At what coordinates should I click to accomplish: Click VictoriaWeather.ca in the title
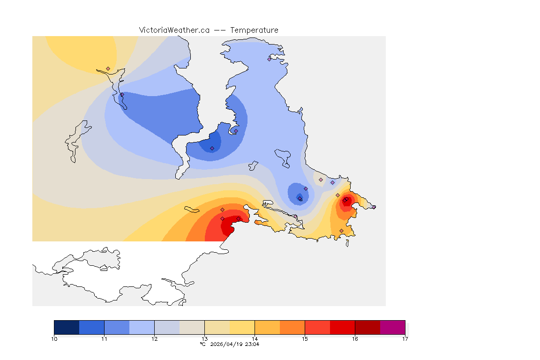click(x=174, y=30)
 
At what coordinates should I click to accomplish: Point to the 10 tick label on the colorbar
click(x=54, y=338)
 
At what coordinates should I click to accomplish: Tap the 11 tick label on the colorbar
click(x=104, y=338)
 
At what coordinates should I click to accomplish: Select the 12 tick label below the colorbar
click(x=154, y=338)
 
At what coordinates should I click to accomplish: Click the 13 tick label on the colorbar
click(x=204, y=338)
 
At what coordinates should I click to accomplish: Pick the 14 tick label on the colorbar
click(x=255, y=338)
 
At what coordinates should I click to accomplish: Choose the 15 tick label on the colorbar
click(x=305, y=338)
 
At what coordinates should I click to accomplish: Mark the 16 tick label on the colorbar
click(x=355, y=338)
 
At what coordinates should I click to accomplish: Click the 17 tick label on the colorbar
click(x=405, y=338)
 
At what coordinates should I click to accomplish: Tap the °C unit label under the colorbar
click(x=202, y=344)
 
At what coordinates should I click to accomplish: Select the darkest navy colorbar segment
click(x=67, y=327)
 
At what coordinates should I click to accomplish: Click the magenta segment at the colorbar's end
click(x=392, y=327)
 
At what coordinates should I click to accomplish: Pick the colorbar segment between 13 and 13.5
click(x=217, y=327)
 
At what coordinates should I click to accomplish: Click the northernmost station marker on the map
click(x=270, y=59)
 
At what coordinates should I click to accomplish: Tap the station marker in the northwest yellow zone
click(x=108, y=68)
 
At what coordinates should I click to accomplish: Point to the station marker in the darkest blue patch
click(x=212, y=148)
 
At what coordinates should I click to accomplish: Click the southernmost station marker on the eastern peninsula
click(x=341, y=231)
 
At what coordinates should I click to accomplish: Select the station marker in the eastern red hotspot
click(x=345, y=201)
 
